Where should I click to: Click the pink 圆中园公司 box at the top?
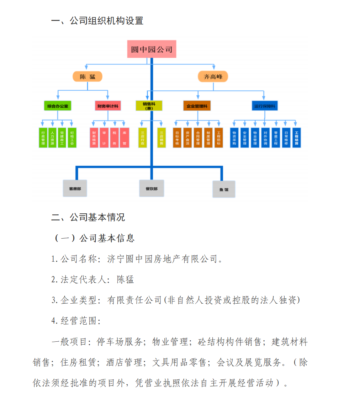152,49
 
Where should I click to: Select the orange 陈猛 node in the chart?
88,76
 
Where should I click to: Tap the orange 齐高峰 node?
213,76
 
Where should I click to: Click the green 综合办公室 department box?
58,106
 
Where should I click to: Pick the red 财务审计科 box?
108,106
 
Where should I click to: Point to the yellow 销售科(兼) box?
149,106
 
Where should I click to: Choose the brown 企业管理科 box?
197,106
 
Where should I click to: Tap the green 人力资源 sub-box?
52,138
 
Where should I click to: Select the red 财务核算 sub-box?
94,138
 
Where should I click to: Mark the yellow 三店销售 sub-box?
161,138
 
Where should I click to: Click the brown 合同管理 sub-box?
198,138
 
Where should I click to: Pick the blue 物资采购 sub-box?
234,138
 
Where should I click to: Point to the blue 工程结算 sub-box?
297,138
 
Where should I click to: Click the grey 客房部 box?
75,188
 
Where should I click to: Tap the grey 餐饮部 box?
152,188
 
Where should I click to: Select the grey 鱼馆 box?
224,190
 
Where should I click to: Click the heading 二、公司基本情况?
88,217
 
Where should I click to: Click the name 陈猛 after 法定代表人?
126,279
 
